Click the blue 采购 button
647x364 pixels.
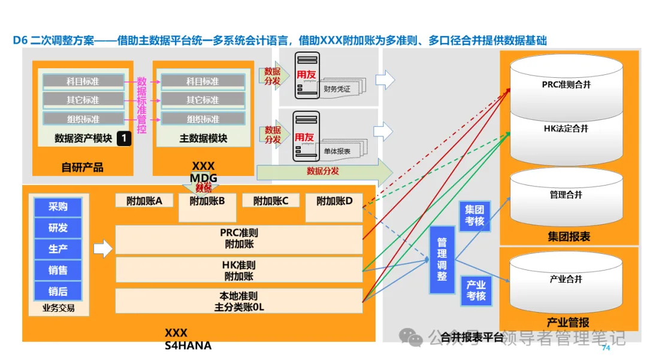pyautogui.click(x=58, y=207)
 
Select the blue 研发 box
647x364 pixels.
pyautogui.click(x=58, y=228)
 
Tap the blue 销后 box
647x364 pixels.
pyautogui.click(x=58, y=291)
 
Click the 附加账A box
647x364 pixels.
pyautogui.click(x=144, y=201)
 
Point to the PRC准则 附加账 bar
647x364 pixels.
pyautogui.click(x=239, y=238)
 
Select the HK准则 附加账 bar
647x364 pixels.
pyautogui.click(x=239, y=271)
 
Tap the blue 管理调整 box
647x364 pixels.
pyautogui.click(x=442, y=259)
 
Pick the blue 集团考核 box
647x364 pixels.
pyautogui.click(x=475, y=216)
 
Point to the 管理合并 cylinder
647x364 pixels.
pyautogui.click(x=566, y=195)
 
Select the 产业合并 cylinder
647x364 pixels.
pyautogui.click(x=566, y=279)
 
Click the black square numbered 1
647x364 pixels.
pyautogui.click(x=123, y=139)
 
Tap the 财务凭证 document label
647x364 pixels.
pyautogui.click(x=337, y=89)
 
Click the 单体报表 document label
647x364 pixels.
pyautogui.click(x=337, y=151)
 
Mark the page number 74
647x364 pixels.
pyautogui.click(x=606, y=348)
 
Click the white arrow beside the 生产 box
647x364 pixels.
pyautogui.click(x=103, y=248)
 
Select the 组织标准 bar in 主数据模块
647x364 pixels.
pyautogui.click(x=203, y=119)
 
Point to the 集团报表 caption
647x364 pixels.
pyautogui.click(x=569, y=236)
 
